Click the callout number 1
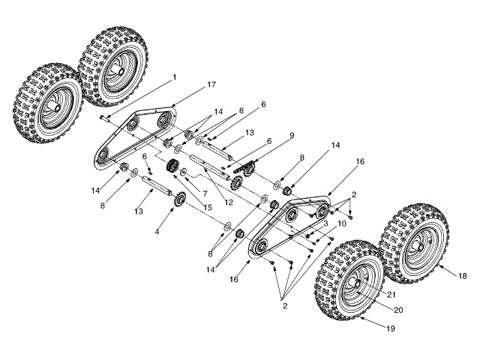174,76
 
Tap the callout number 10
341,223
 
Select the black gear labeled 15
172,166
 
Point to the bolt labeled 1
104,117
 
